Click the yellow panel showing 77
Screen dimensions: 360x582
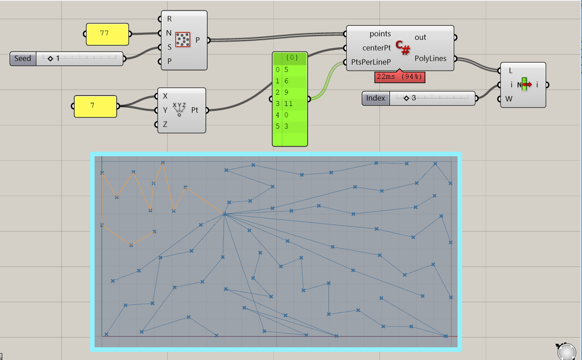tap(107, 34)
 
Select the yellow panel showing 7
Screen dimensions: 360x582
tap(95, 106)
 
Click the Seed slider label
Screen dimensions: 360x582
tap(22, 59)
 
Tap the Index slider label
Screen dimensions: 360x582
tap(375, 98)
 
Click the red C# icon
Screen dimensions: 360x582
tap(403, 47)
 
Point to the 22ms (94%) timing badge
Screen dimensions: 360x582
tap(400, 77)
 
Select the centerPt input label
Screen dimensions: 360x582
tap(376, 48)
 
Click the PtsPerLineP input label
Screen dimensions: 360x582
tap(371, 61)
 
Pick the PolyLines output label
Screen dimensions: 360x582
tap(430, 59)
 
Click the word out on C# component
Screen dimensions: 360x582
tap(420, 38)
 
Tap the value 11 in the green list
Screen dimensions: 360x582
tap(288, 104)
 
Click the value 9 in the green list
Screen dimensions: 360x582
tap(286, 92)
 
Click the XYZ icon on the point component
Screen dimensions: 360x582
tap(179, 109)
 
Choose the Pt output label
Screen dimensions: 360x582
tap(195, 110)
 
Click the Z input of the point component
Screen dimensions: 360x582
tap(165, 124)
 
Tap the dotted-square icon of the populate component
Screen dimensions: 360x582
tap(183, 40)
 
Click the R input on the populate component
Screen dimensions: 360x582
tap(169, 19)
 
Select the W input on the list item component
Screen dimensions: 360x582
tap(509, 99)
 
